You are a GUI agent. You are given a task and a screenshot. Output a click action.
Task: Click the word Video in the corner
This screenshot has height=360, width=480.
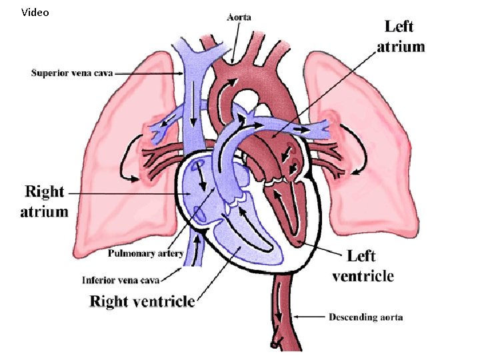pos(35,12)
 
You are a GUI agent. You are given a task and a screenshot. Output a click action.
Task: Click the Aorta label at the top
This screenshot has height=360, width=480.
pos(238,17)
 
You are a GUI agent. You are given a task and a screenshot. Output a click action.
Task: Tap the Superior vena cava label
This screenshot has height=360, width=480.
pos(71,72)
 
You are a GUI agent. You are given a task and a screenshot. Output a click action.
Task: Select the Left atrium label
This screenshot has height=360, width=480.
pos(401,36)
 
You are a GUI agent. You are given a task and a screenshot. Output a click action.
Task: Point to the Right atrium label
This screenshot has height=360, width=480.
pos(44,201)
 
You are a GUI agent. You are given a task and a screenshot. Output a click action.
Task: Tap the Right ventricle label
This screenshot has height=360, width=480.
pos(142,301)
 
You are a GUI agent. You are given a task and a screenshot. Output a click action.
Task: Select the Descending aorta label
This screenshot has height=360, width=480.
pos(365,317)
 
